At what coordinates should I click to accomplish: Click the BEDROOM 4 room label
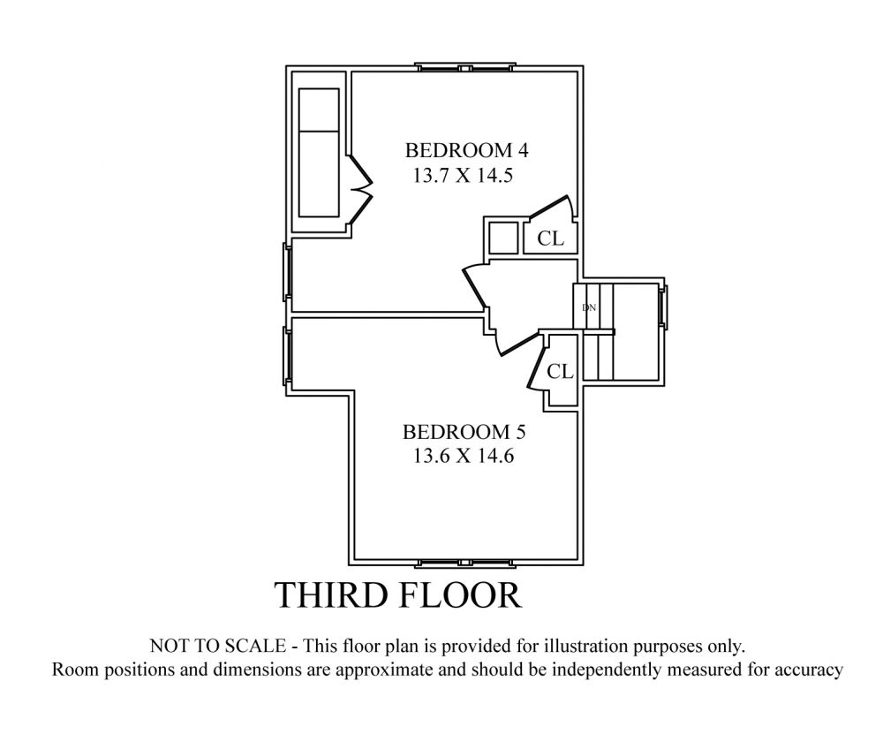point(467,150)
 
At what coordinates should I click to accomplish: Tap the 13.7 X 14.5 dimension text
point(463,175)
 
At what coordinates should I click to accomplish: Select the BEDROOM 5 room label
point(464,432)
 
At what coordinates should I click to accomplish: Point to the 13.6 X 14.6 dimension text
point(464,455)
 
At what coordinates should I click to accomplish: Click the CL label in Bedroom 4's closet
point(550,238)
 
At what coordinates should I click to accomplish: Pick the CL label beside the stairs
point(560,371)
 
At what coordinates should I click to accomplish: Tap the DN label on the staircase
point(588,307)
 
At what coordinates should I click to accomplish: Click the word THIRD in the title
point(330,594)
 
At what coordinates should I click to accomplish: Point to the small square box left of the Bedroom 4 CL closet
point(503,238)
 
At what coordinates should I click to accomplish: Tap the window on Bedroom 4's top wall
point(465,67)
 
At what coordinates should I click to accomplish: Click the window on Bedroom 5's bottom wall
point(465,563)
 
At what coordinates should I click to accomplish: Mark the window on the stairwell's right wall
point(664,307)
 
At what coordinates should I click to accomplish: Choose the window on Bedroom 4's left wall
point(287,271)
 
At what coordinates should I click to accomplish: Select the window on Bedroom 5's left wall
point(287,356)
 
